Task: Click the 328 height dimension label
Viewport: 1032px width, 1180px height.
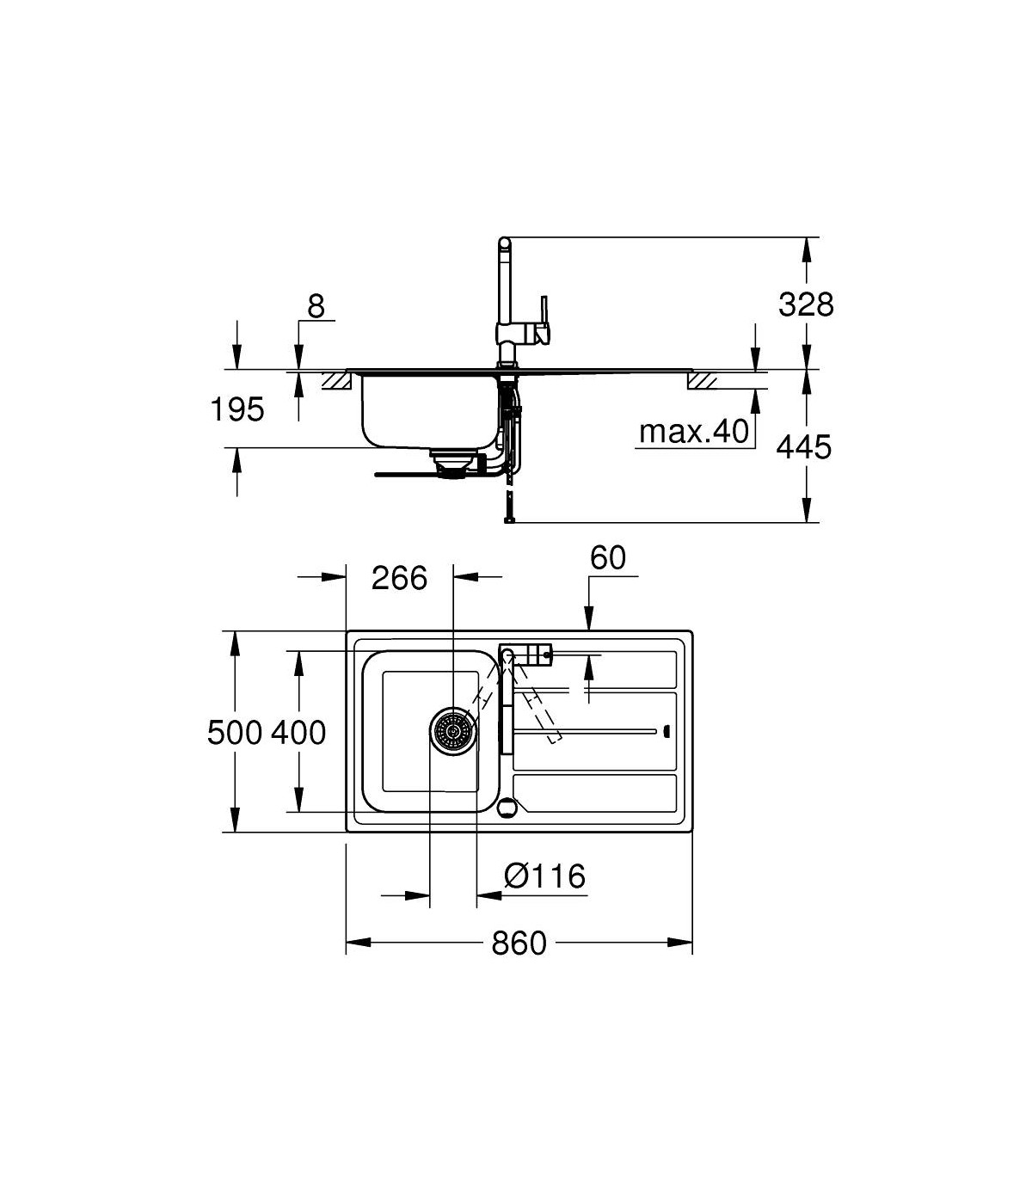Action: click(x=806, y=304)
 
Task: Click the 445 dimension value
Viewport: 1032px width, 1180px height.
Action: click(x=804, y=447)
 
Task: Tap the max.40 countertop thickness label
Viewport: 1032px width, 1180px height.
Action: click(x=694, y=431)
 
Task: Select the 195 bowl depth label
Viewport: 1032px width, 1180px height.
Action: click(x=237, y=409)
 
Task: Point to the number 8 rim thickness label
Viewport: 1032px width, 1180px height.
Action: click(x=316, y=307)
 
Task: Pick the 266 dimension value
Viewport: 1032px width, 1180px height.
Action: click(x=399, y=578)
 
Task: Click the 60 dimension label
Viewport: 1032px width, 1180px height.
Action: click(x=608, y=557)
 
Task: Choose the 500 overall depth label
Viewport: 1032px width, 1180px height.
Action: click(x=235, y=733)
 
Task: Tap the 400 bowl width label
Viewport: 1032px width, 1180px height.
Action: click(x=298, y=733)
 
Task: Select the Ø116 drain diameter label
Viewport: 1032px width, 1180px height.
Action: click(x=544, y=876)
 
